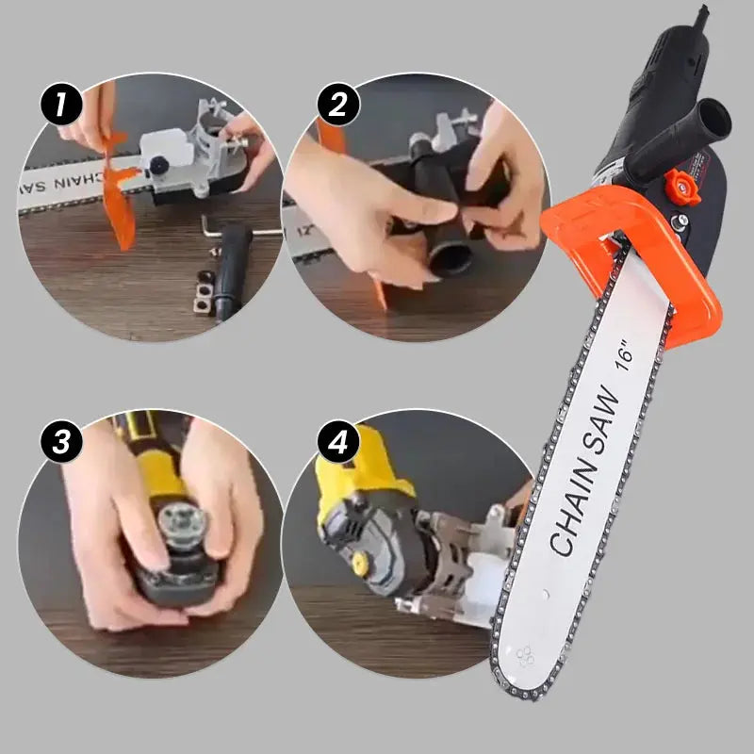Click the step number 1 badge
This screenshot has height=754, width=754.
[61, 105]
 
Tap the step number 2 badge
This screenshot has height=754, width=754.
[336, 103]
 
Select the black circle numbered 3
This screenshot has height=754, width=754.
[61, 442]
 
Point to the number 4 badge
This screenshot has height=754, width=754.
[336, 442]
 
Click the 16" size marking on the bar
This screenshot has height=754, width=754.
[629, 356]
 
